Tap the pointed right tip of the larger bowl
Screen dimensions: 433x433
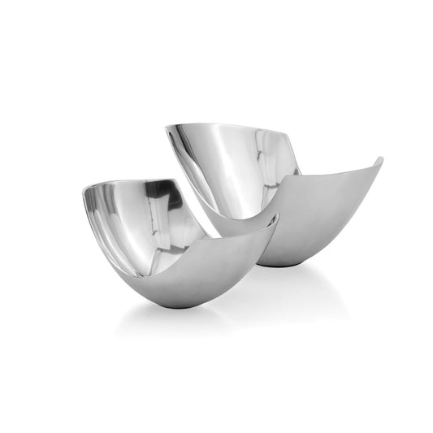tap(380, 159)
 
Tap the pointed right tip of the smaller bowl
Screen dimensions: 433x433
tap(276, 217)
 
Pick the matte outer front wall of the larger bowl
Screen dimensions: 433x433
tap(325, 219)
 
